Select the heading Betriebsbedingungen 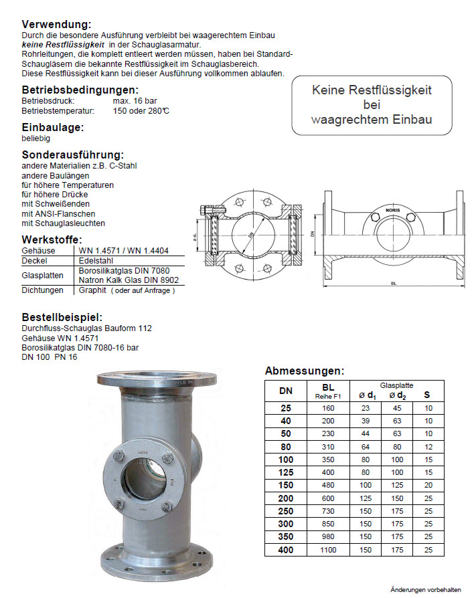[x=80, y=90]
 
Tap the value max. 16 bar [x=135, y=101]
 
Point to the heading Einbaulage [x=53, y=127]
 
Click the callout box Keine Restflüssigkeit [x=372, y=105]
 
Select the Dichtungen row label [x=42, y=290]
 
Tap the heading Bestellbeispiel [x=62, y=318]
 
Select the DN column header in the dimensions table [x=285, y=391]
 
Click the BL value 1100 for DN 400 [x=329, y=550]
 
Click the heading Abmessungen [x=304, y=371]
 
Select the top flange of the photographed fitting [x=160, y=377]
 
